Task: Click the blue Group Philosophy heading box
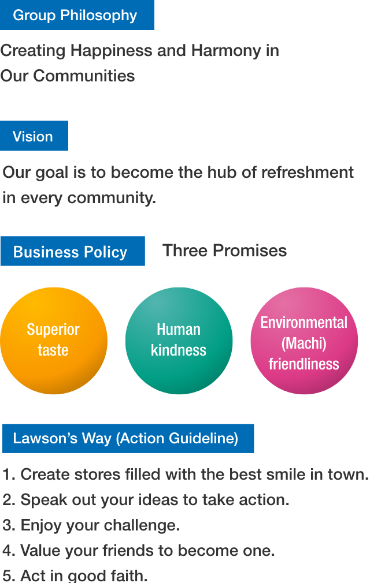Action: pos(77,15)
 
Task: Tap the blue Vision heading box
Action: pos(34,136)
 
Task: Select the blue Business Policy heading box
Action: pos(72,252)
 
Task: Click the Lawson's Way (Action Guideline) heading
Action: pos(128,439)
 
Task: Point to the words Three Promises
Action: pos(224,251)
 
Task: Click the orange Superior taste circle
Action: pos(53,341)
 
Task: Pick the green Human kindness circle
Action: pos(179,341)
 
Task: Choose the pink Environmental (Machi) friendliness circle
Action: pos(304,341)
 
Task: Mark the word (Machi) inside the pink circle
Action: pos(304,343)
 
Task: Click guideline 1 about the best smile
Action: pos(185,474)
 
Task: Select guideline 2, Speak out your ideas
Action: pos(146,500)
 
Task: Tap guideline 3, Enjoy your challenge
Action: pos(91,525)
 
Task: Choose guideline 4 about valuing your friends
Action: pos(139,551)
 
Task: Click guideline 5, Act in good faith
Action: pos(75,575)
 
